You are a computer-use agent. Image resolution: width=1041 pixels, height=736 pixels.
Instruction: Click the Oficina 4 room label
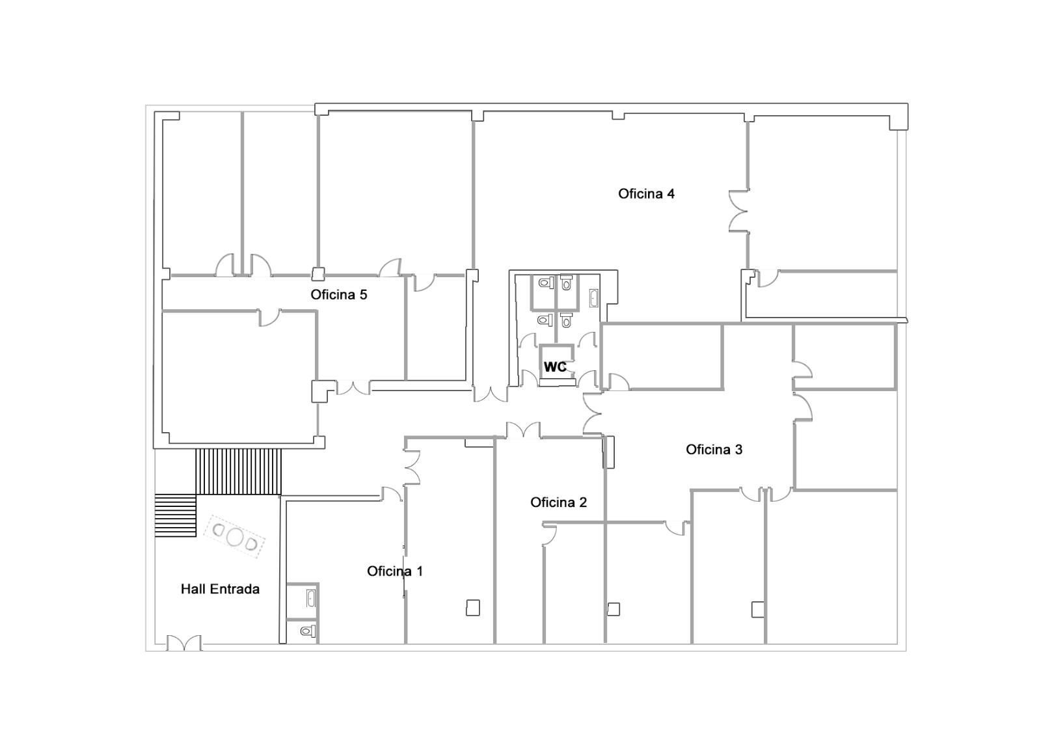click(x=646, y=194)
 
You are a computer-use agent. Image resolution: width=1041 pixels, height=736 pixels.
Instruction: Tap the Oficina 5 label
click(x=339, y=295)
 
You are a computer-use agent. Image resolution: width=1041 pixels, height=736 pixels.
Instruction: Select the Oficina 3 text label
click(x=714, y=450)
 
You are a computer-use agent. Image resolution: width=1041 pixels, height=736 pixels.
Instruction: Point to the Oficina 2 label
click(x=558, y=502)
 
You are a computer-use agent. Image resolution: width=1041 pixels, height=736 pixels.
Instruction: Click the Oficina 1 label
click(x=395, y=571)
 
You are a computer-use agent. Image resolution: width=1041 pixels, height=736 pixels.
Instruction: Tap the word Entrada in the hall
click(x=234, y=589)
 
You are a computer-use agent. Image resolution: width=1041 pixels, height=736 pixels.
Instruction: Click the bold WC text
click(x=555, y=367)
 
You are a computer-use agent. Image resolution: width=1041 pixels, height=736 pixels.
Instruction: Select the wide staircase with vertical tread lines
click(x=238, y=471)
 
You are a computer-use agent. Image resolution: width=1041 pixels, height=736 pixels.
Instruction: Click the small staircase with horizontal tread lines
click(x=175, y=515)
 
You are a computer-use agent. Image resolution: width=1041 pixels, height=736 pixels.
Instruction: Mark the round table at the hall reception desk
click(x=235, y=536)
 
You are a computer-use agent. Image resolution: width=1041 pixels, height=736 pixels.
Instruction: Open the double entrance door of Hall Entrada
click(x=184, y=643)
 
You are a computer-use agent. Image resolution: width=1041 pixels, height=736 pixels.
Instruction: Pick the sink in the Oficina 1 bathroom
click(x=311, y=598)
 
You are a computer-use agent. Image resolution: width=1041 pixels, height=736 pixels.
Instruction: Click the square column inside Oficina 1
click(x=472, y=608)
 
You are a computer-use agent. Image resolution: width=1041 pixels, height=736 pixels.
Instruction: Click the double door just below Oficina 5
click(x=353, y=388)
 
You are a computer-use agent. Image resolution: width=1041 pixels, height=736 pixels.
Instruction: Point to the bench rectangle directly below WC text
click(x=557, y=382)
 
